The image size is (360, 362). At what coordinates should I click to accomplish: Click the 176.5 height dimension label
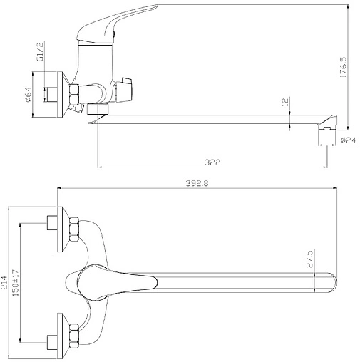click(343, 67)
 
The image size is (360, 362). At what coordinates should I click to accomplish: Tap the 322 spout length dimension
click(212, 162)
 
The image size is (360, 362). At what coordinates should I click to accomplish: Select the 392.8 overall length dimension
click(197, 183)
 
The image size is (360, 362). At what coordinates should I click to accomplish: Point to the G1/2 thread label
click(41, 52)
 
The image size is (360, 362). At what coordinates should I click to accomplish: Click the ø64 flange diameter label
click(28, 95)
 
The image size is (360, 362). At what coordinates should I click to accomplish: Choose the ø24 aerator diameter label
click(349, 140)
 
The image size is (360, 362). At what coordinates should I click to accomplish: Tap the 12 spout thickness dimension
click(286, 102)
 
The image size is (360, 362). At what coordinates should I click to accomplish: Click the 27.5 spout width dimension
click(309, 259)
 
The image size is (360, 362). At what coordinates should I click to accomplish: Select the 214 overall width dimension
click(4, 282)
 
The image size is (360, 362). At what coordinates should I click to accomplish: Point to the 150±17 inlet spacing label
click(16, 283)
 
